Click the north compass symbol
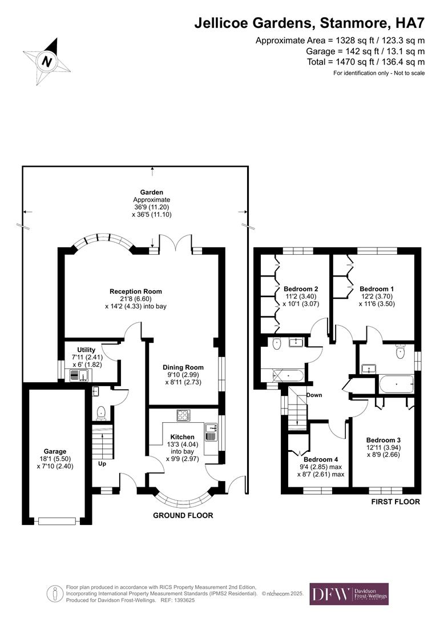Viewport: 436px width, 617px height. pyautogui.click(x=49, y=61)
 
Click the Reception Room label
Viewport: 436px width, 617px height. pyautogui.click(x=136, y=291)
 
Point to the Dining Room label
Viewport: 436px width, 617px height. pyautogui.click(x=183, y=367)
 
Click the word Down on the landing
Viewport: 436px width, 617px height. pyautogui.click(x=314, y=395)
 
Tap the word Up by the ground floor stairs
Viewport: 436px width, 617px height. pyautogui.click(x=103, y=463)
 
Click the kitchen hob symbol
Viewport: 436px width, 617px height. pyautogui.click(x=184, y=415)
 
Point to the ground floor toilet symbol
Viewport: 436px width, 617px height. pyautogui.click(x=101, y=411)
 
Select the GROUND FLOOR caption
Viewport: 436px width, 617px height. pyautogui.click(x=183, y=515)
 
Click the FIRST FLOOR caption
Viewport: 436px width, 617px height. pyautogui.click(x=395, y=502)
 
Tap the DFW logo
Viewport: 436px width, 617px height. pyautogui.click(x=349, y=594)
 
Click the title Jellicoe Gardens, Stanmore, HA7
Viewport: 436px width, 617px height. pyautogui.click(x=309, y=23)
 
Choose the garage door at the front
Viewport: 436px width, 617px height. pyautogui.click(x=57, y=520)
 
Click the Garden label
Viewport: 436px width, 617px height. pyautogui.click(x=152, y=193)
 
